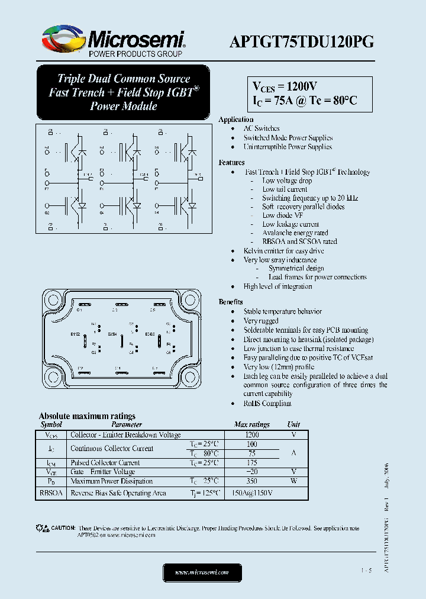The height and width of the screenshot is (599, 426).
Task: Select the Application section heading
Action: click(235, 120)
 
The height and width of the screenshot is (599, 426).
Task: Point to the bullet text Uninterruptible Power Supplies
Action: click(288, 147)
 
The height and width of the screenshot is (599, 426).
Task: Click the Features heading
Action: click(231, 162)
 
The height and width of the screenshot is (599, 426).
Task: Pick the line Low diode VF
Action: click(282, 215)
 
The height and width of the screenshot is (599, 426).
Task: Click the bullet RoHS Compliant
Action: click(267, 403)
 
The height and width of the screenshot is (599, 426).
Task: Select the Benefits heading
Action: click(230, 302)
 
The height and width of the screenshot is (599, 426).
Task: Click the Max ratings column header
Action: click(251, 424)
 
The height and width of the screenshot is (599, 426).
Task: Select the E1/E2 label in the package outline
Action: click(75, 334)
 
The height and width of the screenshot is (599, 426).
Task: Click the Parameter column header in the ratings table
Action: click(126, 424)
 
